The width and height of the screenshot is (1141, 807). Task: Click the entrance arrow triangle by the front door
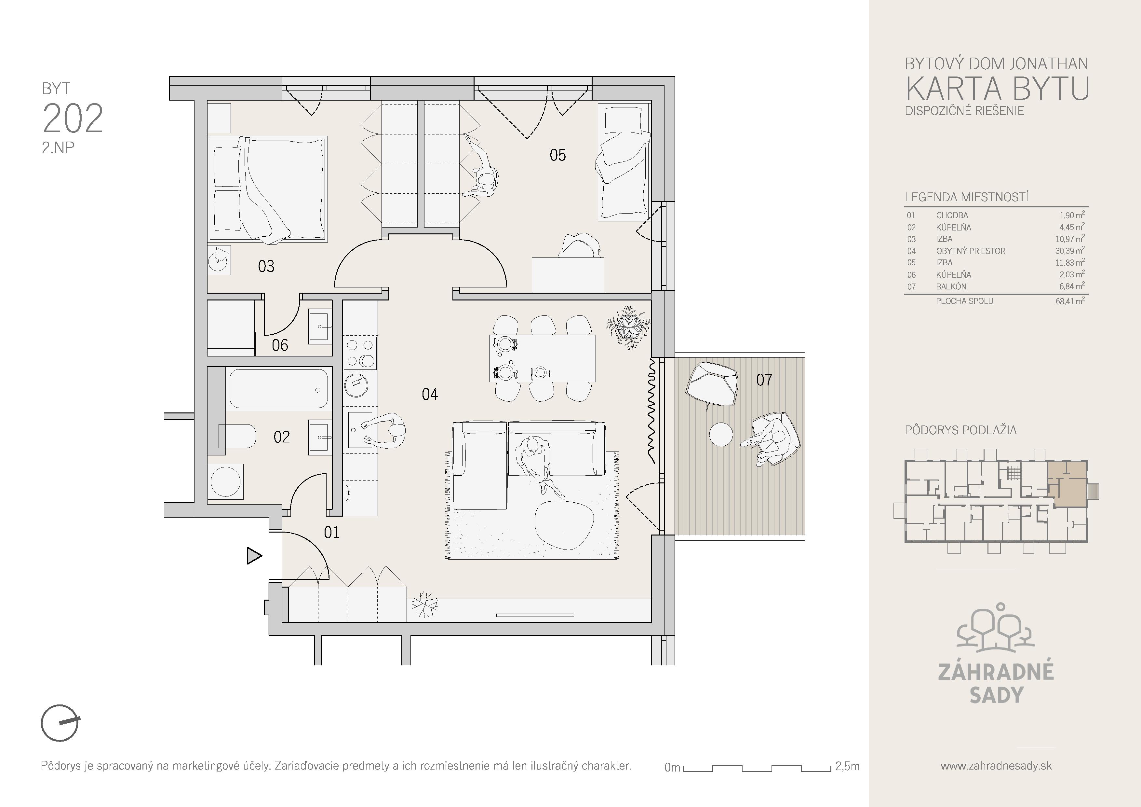tap(253, 555)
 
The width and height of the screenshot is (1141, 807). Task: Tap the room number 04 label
tap(430, 394)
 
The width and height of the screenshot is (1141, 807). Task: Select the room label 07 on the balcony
tap(764, 380)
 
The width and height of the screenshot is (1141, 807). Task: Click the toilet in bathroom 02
tap(237, 436)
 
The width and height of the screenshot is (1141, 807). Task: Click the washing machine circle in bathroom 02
tap(226, 481)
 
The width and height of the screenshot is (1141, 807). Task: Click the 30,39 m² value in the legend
tap(1070, 251)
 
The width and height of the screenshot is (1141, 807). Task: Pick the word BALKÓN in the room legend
tap(951, 286)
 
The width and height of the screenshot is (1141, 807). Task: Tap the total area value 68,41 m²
tap(1070, 301)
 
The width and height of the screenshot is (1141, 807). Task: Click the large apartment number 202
tap(73, 119)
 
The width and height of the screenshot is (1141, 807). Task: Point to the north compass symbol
tap(60, 722)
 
